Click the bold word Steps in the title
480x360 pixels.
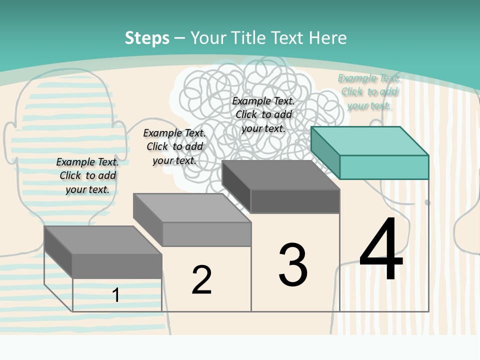tap(147, 38)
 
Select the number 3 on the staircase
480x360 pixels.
tap(293, 265)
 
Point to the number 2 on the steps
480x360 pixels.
tap(201, 280)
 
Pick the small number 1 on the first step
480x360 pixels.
tap(115, 295)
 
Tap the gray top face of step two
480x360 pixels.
tap(192, 207)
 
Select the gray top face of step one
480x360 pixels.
tap(103, 240)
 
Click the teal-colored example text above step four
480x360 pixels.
tap(368, 91)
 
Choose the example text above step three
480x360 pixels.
tap(263, 114)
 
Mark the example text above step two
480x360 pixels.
tap(174, 146)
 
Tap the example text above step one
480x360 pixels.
tap(87, 175)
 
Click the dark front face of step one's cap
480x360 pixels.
tap(117, 266)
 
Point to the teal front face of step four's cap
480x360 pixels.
tap(384, 167)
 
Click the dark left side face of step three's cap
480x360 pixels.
tap(236, 186)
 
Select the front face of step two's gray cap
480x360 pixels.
tap(206, 234)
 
